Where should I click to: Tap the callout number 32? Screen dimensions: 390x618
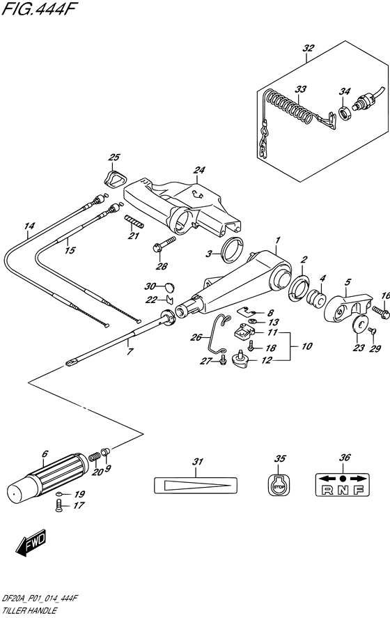(308, 48)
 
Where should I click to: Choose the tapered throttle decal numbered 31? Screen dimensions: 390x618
(196, 485)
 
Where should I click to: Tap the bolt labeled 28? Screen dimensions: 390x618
(164, 245)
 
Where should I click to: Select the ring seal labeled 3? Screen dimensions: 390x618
(233, 250)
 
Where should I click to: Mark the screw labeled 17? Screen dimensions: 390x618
(58, 506)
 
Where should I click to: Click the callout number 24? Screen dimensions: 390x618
(199, 170)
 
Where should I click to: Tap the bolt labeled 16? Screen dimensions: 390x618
(381, 312)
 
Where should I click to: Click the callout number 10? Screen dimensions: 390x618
(306, 346)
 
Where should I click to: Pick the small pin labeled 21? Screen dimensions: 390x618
(134, 221)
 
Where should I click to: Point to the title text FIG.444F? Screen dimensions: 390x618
(37, 8)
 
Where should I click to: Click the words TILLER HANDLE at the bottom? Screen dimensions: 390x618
(29, 611)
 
